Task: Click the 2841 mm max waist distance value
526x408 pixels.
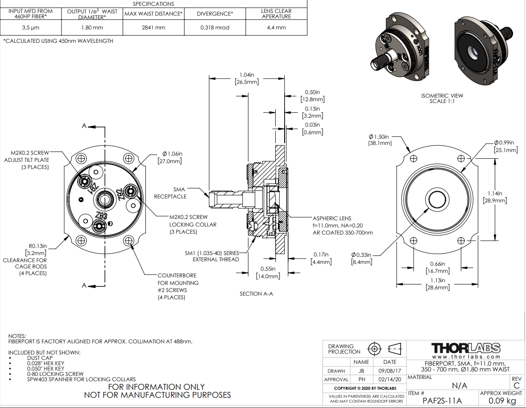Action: (154, 28)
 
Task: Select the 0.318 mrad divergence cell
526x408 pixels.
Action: (215, 28)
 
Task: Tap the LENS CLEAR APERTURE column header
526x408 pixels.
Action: (276, 13)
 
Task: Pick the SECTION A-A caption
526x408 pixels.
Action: (256, 293)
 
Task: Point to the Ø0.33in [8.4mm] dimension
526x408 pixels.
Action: (361, 258)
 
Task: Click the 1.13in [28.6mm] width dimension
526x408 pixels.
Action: (438, 284)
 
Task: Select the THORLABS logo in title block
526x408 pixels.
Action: (466, 348)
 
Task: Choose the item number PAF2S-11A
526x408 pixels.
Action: (443, 400)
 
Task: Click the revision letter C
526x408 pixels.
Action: (517, 385)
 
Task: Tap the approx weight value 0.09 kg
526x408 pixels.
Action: (501, 400)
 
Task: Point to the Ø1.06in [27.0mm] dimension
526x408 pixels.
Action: (170, 157)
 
